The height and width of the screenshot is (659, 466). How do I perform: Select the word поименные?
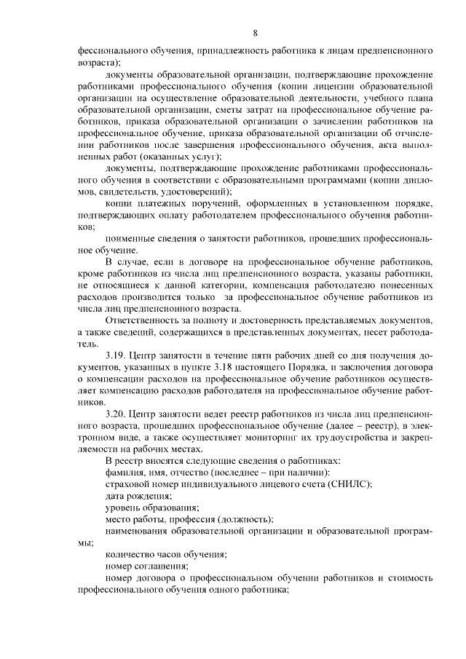(127, 238)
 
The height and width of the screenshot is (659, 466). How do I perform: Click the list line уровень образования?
(151, 507)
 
